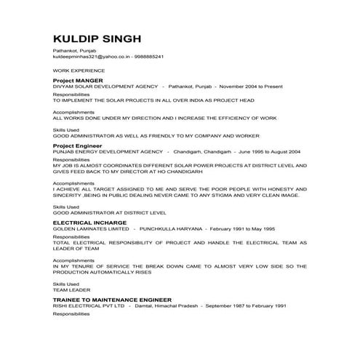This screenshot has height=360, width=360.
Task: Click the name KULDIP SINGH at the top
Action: pyautogui.click(x=97, y=39)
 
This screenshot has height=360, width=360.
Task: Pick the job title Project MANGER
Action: pyautogui.click(x=78, y=80)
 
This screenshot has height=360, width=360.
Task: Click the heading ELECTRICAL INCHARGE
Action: pyautogui.click(x=89, y=224)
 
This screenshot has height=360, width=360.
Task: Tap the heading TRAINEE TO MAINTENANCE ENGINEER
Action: pyautogui.click(x=112, y=300)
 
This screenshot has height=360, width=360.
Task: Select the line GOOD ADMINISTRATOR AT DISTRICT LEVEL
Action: pyautogui.click(x=105, y=212)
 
